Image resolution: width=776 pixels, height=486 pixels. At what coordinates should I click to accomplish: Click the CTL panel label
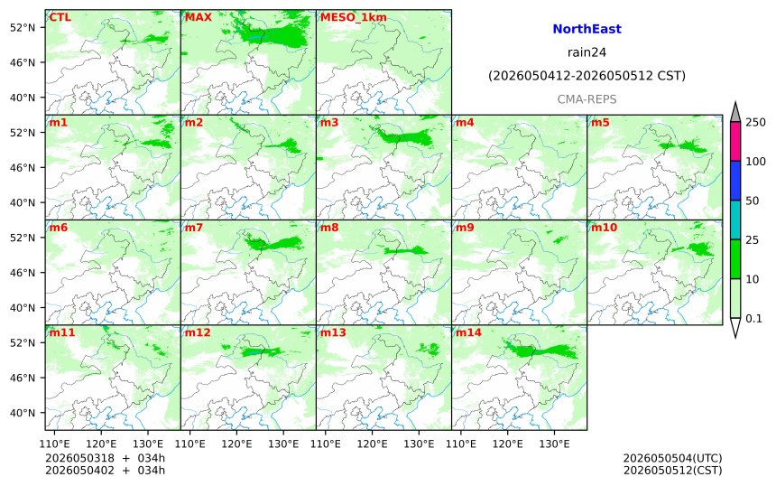[x=60, y=17]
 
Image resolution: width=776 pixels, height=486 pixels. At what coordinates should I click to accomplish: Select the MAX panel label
[x=199, y=17]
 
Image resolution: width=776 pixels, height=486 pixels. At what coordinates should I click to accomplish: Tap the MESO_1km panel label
[x=354, y=18]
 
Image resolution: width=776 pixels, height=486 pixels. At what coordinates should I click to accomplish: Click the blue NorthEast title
[x=587, y=29]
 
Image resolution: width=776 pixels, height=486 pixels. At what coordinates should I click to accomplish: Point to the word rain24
[x=587, y=52]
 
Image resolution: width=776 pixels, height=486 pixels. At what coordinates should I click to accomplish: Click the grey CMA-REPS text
[x=587, y=99]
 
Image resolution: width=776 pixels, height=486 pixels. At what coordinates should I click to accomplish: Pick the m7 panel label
[x=193, y=228]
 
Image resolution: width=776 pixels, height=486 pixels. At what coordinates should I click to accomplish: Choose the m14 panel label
[x=468, y=333]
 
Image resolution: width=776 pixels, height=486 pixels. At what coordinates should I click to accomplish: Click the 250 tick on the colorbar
[x=756, y=122]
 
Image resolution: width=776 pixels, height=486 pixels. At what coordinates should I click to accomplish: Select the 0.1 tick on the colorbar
[x=753, y=319]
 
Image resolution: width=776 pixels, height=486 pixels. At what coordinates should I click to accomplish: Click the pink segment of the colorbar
[x=735, y=141]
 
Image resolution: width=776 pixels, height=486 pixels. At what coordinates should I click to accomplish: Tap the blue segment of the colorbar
[x=735, y=181]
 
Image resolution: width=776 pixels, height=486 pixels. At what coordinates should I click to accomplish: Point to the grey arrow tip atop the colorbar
[x=735, y=103]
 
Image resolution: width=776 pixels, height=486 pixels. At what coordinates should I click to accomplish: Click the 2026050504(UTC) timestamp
[x=672, y=458]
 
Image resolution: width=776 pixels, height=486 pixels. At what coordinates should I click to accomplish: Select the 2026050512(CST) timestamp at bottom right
[x=672, y=470]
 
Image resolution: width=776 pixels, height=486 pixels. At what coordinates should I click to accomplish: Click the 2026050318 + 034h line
[x=105, y=458]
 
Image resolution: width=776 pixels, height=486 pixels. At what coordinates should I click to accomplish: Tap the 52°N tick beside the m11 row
[x=23, y=343]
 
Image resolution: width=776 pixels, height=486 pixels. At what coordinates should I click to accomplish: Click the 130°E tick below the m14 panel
[x=554, y=444]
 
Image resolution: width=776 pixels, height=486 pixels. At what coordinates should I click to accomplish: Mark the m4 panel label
[x=465, y=123]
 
